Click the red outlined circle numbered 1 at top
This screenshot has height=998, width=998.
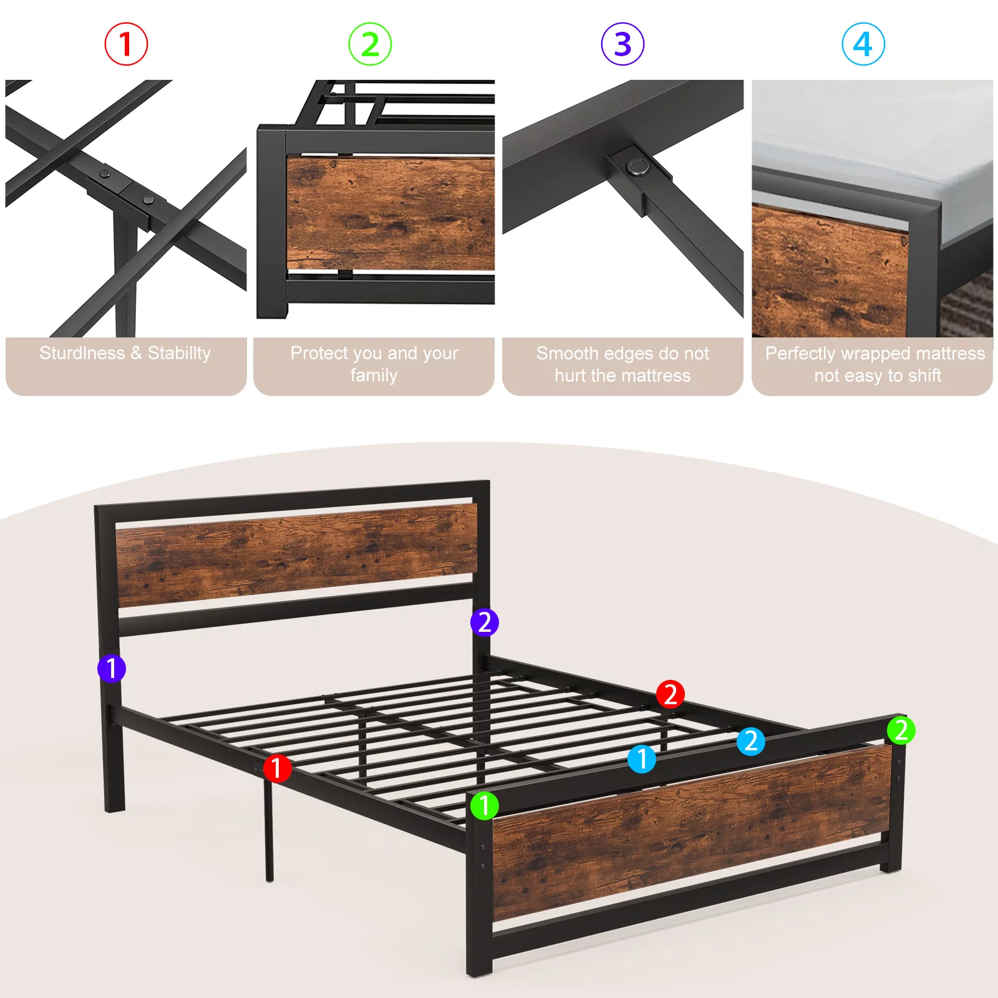coord(126,44)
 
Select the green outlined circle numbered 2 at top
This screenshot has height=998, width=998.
coord(370,44)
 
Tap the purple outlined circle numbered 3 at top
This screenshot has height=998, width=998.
coord(623,44)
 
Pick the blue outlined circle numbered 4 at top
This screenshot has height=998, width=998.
coord(863,44)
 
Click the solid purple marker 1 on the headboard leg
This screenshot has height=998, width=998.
coord(112,669)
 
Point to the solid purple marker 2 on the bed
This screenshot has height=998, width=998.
coord(485,623)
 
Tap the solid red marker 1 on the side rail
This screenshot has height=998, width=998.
coord(277,768)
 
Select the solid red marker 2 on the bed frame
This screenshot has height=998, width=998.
coord(671,694)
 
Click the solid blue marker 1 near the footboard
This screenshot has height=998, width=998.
coord(642,759)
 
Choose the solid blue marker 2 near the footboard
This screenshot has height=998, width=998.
coord(751,741)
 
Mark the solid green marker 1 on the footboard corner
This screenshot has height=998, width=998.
coord(485,806)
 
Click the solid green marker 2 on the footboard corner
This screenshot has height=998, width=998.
coord(901,730)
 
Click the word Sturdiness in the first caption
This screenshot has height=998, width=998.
coord(82,354)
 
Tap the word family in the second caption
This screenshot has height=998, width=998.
coord(374,375)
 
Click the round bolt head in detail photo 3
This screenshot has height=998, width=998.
coord(637,165)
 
